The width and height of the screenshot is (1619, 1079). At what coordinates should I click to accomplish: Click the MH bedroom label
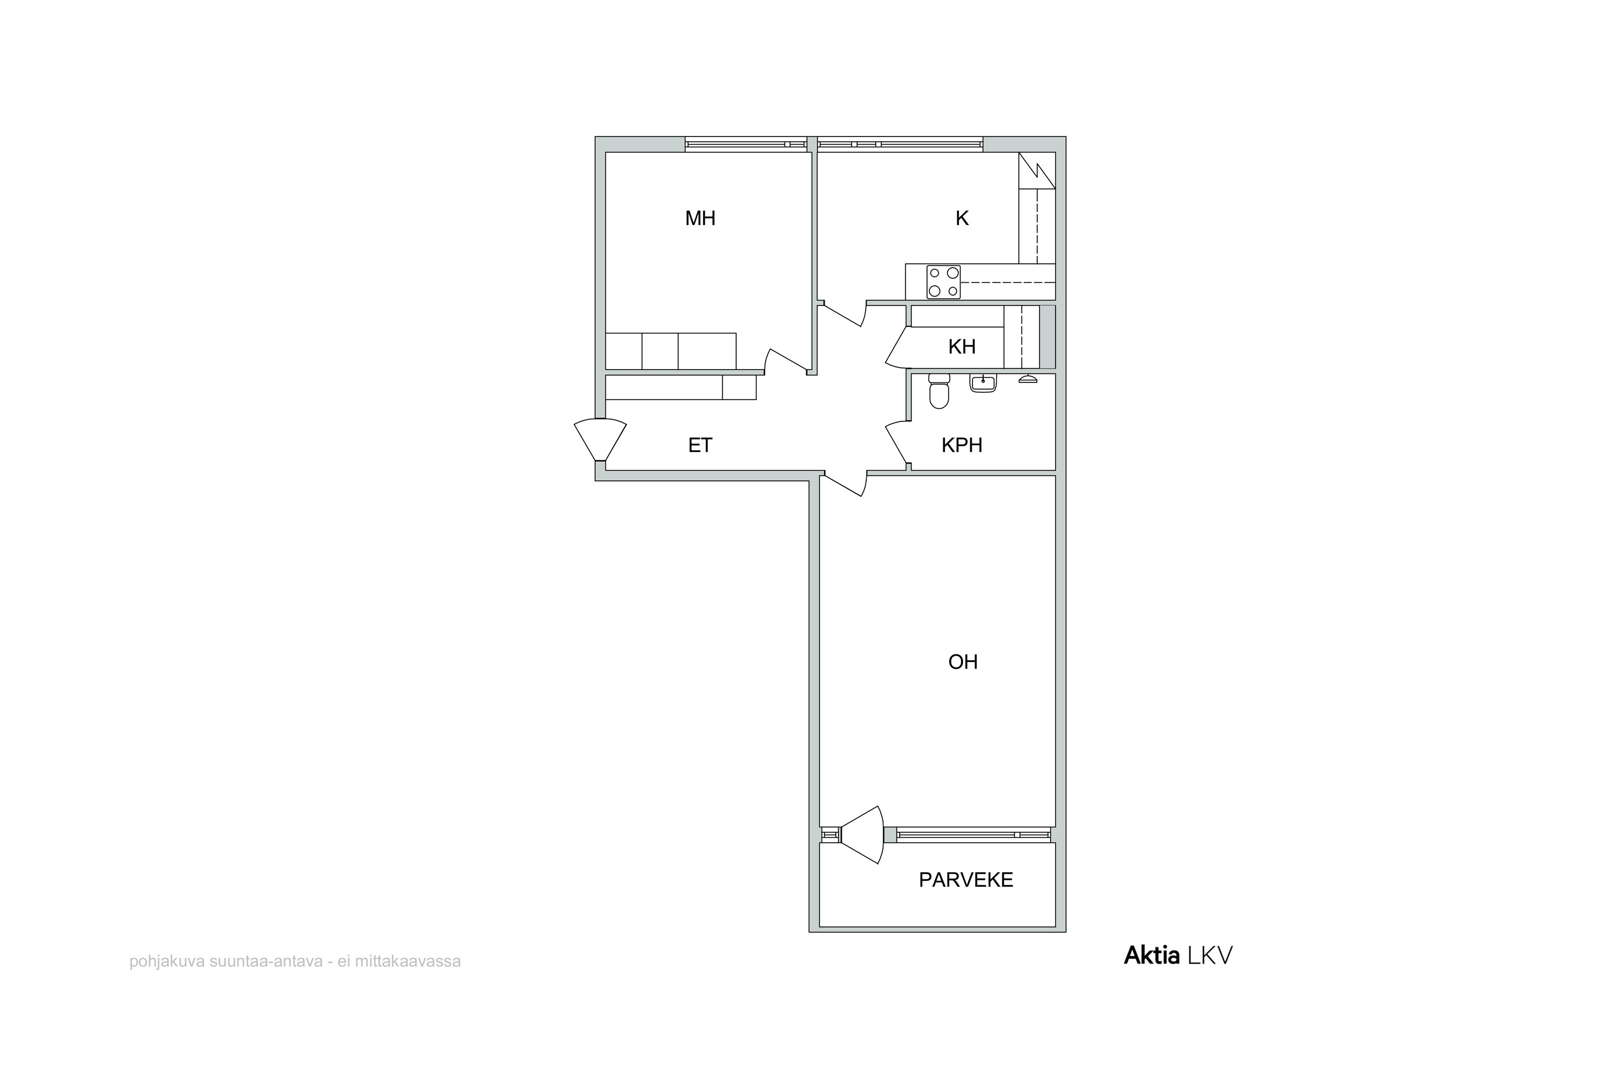click(x=700, y=219)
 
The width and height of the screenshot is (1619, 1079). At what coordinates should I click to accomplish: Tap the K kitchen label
click(x=962, y=219)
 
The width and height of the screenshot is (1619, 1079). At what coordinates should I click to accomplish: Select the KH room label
click(x=962, y=347)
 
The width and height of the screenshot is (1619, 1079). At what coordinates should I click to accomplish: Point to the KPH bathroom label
click(x=962, y=445)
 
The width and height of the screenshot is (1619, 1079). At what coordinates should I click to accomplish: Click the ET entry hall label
click(x=700, y=445)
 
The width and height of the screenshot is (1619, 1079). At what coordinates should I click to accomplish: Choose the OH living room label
click(x=963, y=662)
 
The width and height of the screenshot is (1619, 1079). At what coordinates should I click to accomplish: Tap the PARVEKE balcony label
click(x=966, y=880)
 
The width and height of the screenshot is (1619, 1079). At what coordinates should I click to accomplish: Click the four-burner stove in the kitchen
click(x=943, y=282)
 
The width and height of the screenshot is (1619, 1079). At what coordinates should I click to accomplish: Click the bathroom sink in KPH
click(x=983, y=383)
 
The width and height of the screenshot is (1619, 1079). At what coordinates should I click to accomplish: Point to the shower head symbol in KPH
click(x=1028, y=379)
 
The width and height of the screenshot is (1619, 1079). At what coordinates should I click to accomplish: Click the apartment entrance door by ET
click(x=600, y=440)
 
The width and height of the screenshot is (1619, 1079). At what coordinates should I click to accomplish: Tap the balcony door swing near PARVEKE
click(x=862, y=835)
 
